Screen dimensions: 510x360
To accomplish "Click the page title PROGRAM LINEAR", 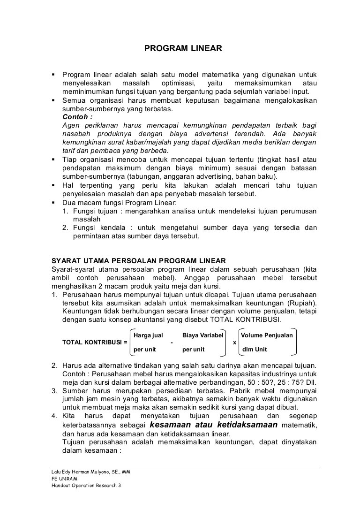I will (180, 48).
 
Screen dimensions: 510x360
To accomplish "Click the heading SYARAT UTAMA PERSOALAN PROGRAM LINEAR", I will (138, 260).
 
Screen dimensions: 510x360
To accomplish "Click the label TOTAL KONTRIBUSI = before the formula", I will (95, 342).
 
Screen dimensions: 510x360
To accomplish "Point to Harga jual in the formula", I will (148, 335).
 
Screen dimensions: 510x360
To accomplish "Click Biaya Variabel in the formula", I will (202, 335).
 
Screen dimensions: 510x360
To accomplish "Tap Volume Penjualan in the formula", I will (266, 335).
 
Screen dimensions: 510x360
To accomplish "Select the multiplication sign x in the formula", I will (234, 342).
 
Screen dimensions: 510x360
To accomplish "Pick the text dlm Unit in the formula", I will (255, 350).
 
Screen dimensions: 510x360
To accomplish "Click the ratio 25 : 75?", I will (287, 382).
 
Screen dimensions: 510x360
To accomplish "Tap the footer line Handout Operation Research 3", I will (86, 486).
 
